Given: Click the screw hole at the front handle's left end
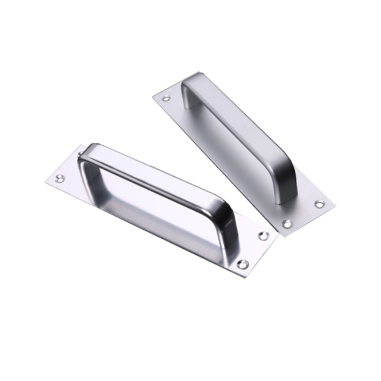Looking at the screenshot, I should coord(60,177).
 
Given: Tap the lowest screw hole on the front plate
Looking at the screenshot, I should coord(241,263).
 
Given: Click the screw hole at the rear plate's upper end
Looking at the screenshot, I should coord(166,98).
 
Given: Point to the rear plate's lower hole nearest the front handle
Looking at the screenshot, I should coord(286,224).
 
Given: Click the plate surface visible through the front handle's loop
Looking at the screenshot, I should coord(149,208).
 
